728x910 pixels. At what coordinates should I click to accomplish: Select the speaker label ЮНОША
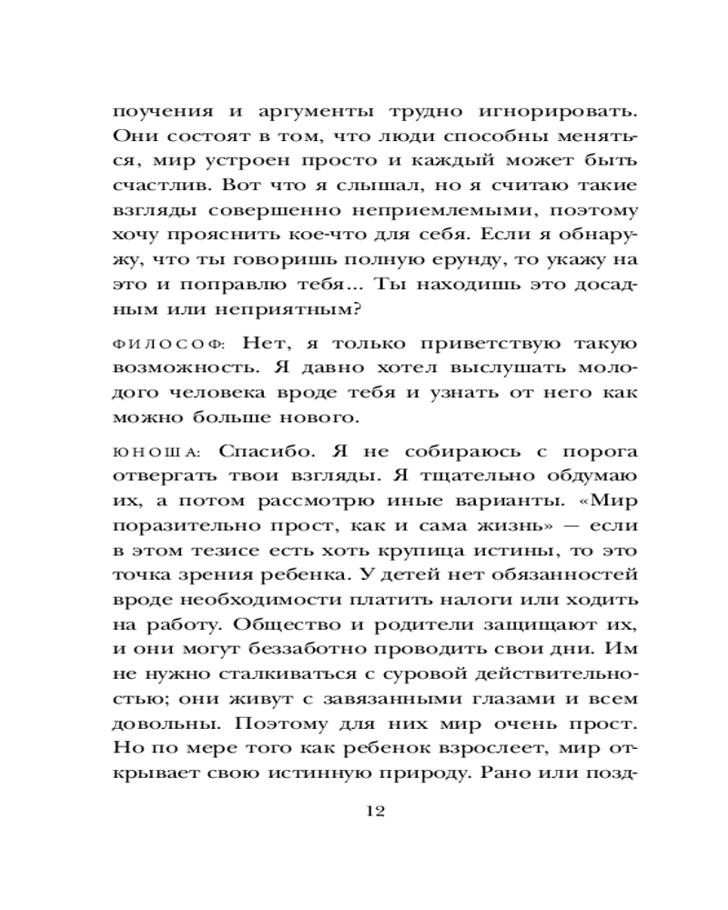click(x=156, y=452)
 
